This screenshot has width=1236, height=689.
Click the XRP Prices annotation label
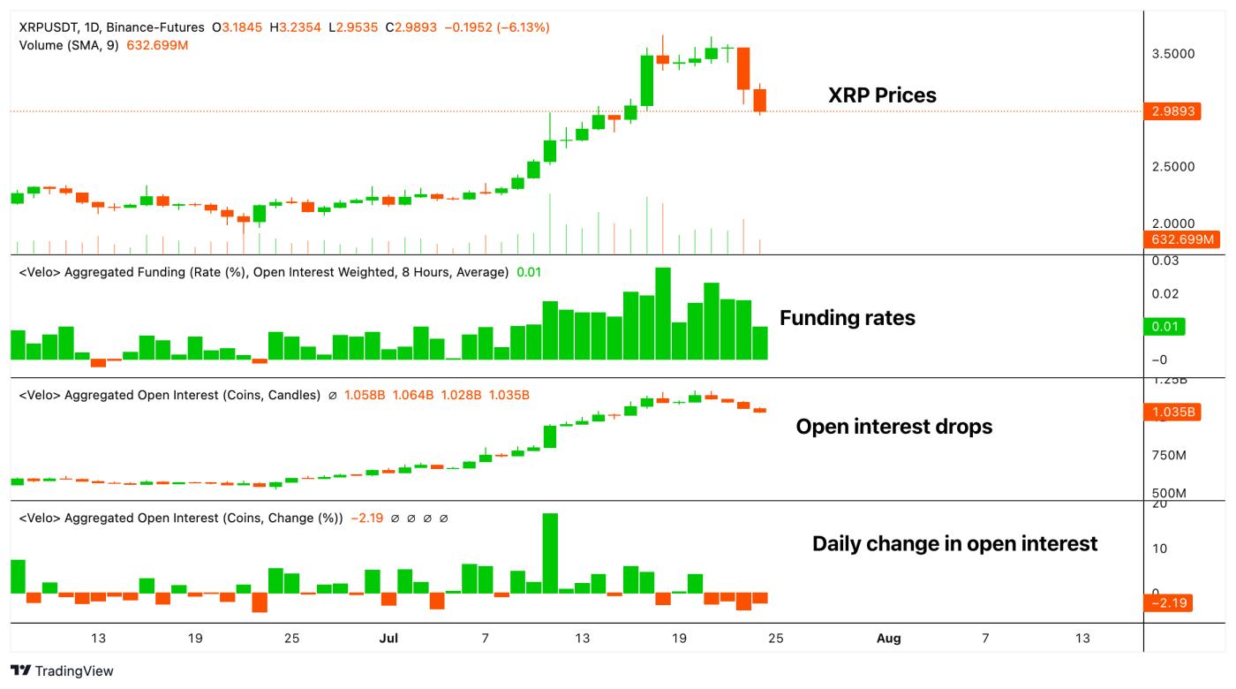coord(881,95)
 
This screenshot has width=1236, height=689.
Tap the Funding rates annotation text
coord(847,318)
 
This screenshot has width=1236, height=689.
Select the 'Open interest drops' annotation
coord(893,427)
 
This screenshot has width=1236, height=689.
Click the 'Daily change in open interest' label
coord(954,543)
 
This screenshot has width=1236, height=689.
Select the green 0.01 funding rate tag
coord(1164,327)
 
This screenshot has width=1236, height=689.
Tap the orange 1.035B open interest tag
coord(1173,412)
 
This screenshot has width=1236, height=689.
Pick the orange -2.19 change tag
coord(1168,603)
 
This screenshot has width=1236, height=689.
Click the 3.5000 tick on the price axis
coord(1173,54)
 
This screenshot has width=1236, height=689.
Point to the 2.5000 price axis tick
coord(1173,167)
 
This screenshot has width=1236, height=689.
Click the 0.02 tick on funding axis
coord(1166,293)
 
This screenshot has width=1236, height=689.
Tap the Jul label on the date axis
coord(388,639)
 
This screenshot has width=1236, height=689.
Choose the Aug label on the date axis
coord(888,639)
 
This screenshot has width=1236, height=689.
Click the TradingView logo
coord(62,671)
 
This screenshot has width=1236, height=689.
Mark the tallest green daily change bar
coord(550,553)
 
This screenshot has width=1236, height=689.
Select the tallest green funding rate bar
coord(663,314)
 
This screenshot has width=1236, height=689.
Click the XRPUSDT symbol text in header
coord(49,27)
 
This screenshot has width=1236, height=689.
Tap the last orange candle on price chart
coord(760,100)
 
